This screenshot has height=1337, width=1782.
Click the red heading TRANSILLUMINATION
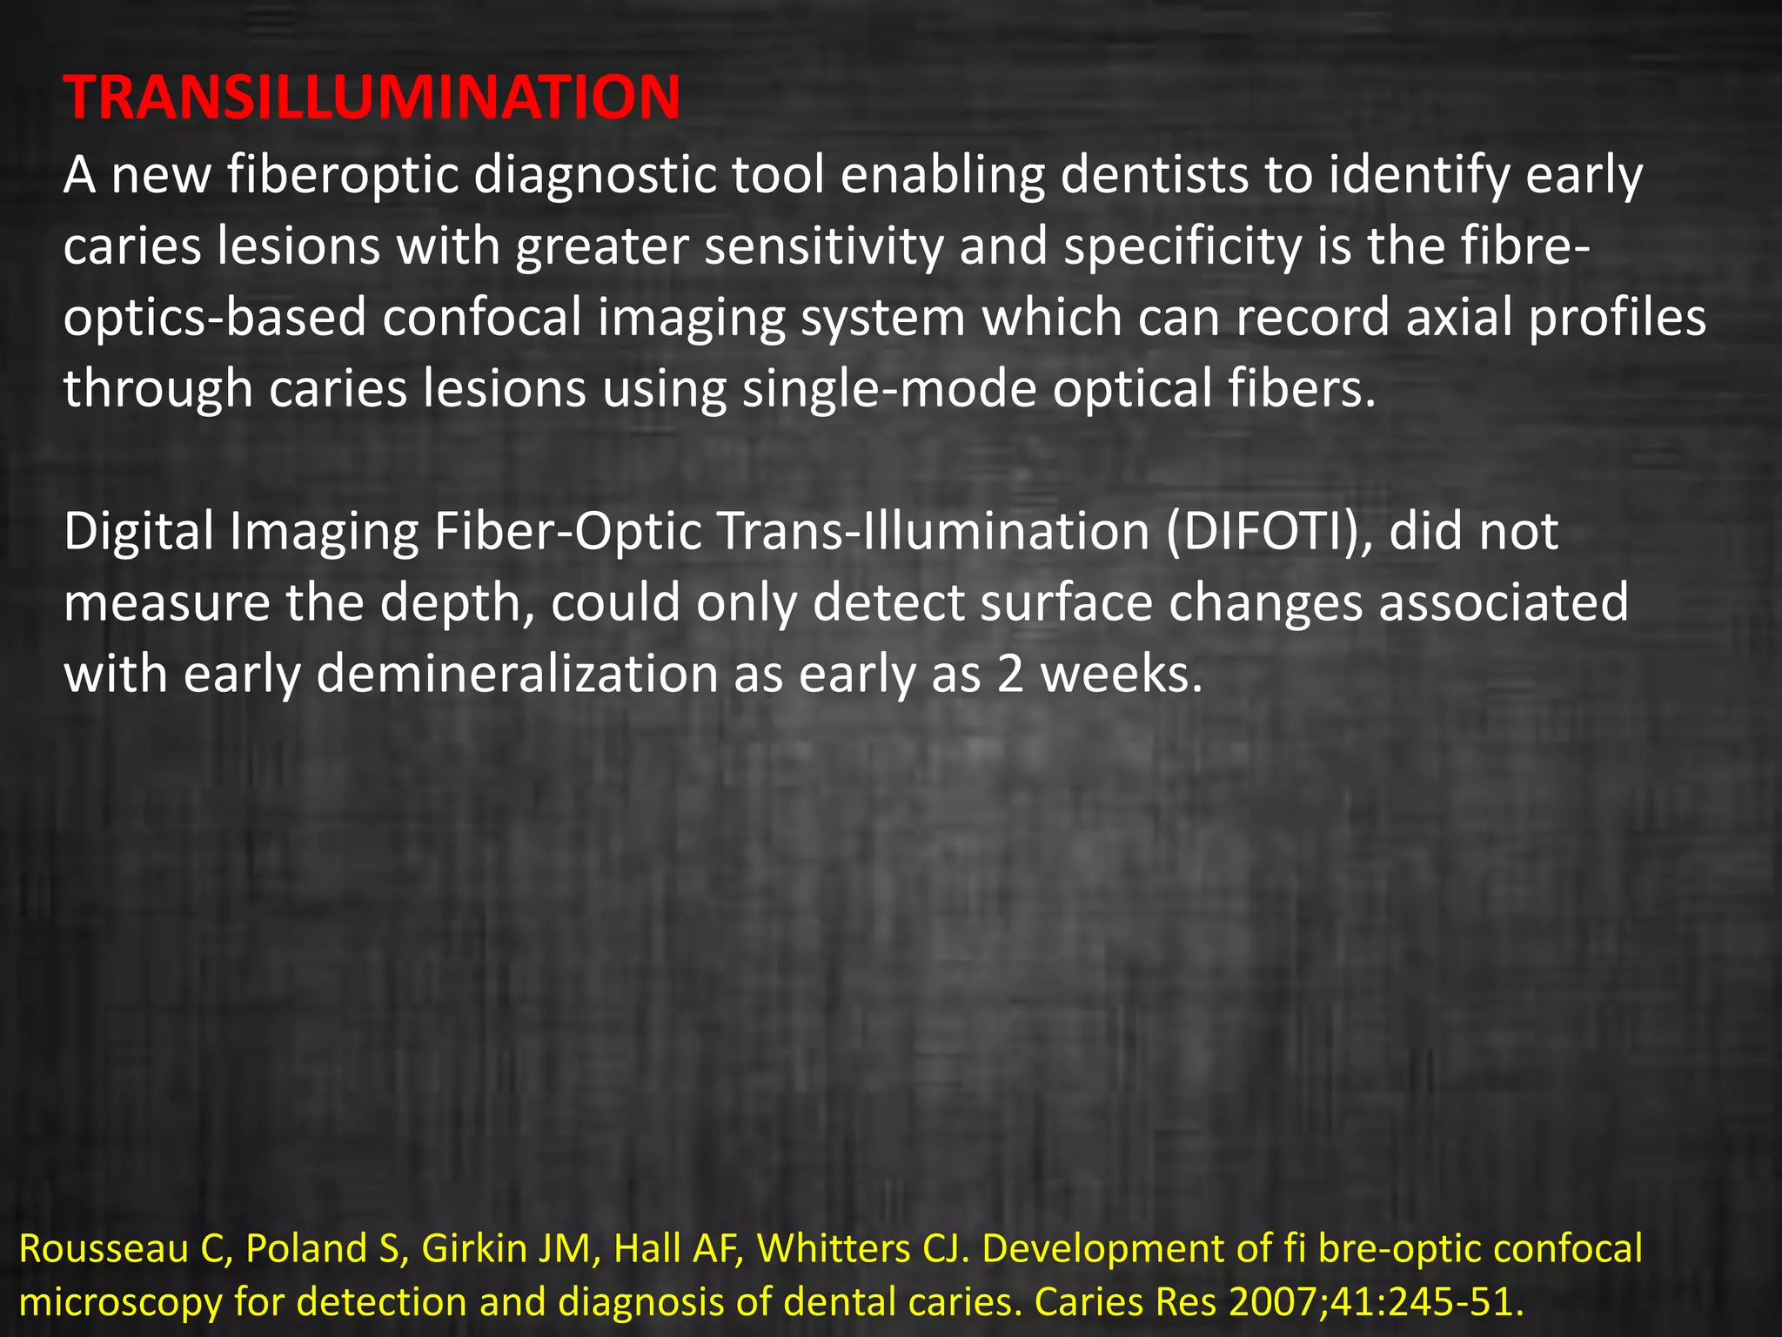point(372,97)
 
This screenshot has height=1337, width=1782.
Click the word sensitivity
point(823,246)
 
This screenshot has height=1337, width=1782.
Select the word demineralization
point(517,675)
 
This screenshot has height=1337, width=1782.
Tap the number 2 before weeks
point(1010,675)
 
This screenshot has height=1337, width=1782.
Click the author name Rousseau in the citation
point(103,1249)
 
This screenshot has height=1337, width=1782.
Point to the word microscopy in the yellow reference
point(119,1302)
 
